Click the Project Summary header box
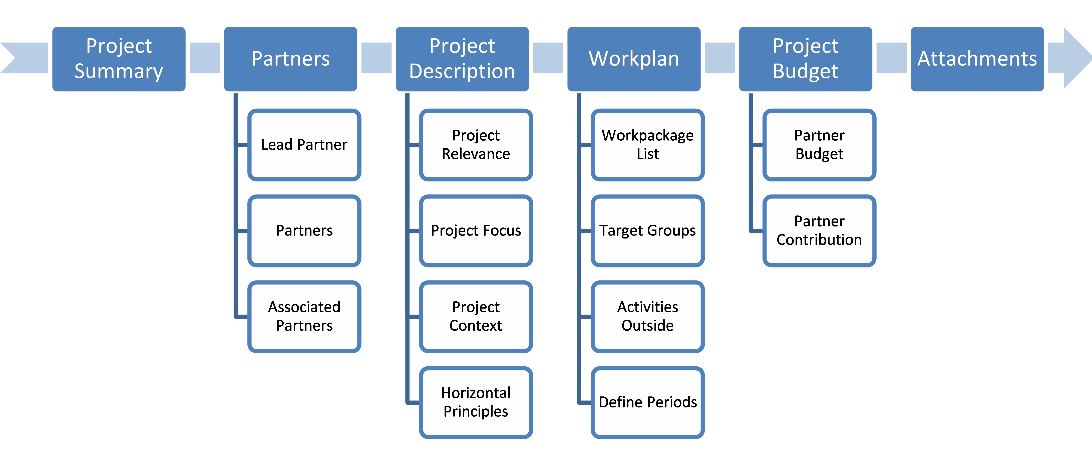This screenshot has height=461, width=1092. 119,59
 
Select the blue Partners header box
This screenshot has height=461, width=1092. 290,59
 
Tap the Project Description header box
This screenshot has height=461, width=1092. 462,59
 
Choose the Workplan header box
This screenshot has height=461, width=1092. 634,59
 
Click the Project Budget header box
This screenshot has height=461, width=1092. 806,59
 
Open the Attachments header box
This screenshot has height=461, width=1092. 977,59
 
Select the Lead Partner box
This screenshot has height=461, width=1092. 304,145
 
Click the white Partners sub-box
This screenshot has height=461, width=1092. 304,231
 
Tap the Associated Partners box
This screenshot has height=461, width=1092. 304,316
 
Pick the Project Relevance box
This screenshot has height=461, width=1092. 476,145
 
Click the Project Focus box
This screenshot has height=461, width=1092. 476,231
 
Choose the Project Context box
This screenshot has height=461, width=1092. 476,316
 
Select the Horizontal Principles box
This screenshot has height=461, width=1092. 476,402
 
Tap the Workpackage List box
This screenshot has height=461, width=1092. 647,145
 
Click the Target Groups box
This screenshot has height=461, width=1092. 647,231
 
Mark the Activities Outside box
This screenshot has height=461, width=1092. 647,316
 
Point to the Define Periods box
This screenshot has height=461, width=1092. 647,402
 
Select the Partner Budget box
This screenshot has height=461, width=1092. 819,145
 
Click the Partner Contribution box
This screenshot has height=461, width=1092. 819,231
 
